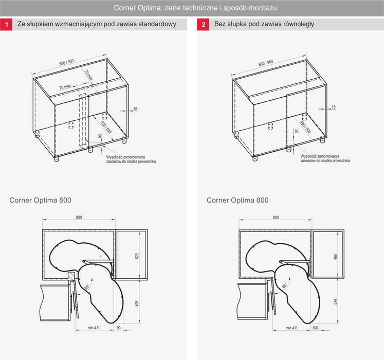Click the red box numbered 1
[x=6, y=25]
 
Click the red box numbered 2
[x=203, y=25]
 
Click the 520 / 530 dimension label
[x=106, y=127]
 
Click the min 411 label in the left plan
[x=94, y=328]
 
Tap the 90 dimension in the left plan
[x=119, y=328]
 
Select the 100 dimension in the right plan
[x=315, y=328]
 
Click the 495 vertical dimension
[x=137, y=303]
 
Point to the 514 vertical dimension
[x=335, y=302]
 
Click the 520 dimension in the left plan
[x=137, y=256]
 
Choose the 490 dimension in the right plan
[x=335, y=257]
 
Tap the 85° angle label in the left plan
[x=87, y=287]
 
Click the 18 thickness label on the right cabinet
[x=333, y=107]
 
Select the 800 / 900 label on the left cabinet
[x=66, y=63]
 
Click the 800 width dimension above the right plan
[x=276, y=218]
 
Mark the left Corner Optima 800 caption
[x=41, y=200]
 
